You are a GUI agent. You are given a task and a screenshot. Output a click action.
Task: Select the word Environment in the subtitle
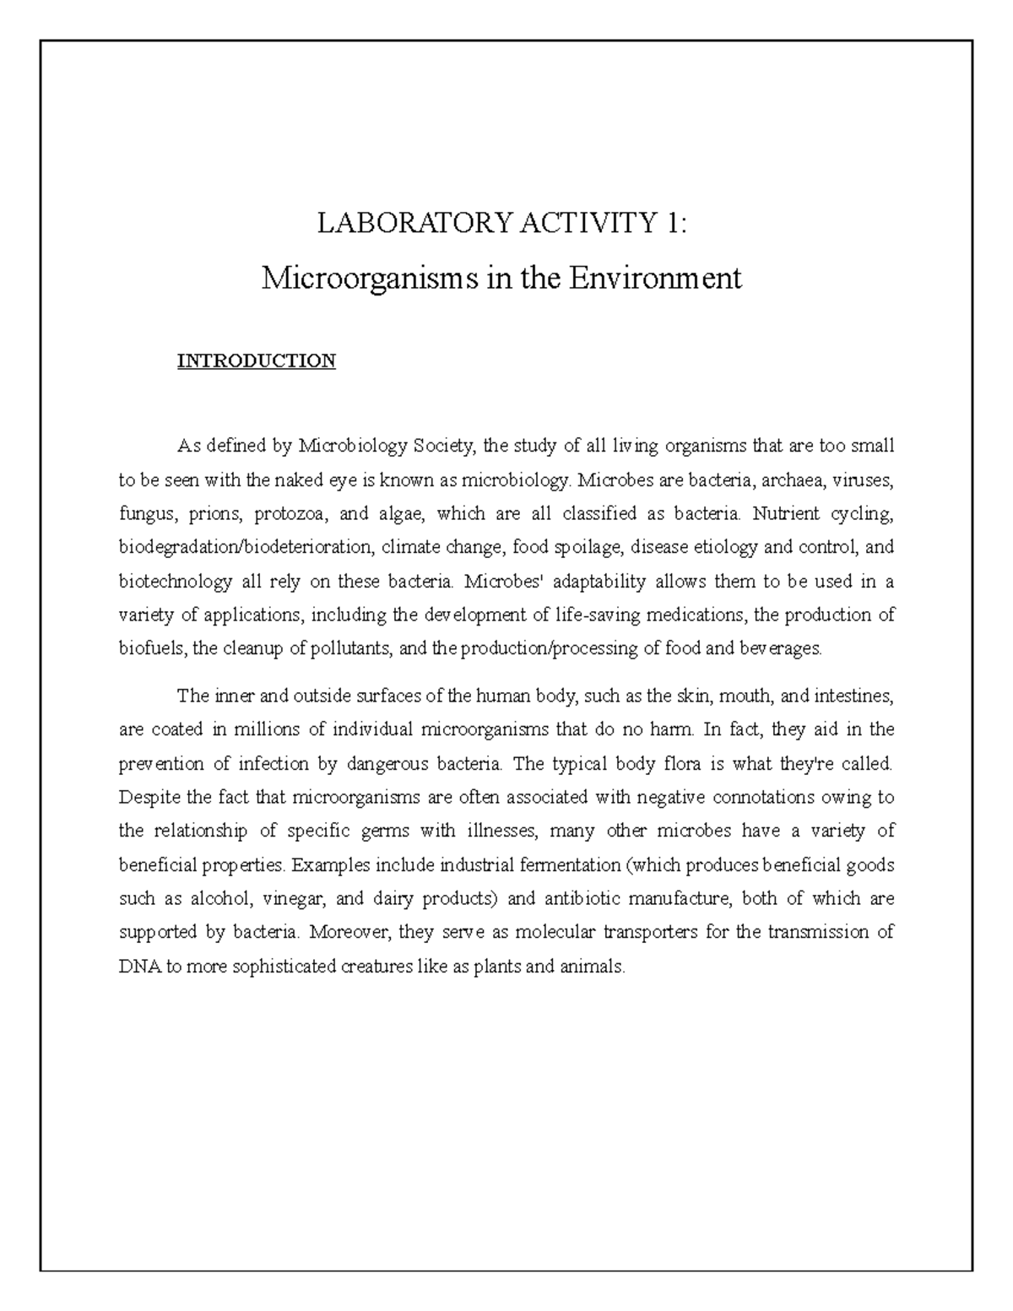pos(654,278)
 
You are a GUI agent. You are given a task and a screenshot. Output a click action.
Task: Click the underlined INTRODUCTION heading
pos(256,361)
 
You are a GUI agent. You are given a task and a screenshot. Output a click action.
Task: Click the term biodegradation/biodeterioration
pos(245,548)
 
